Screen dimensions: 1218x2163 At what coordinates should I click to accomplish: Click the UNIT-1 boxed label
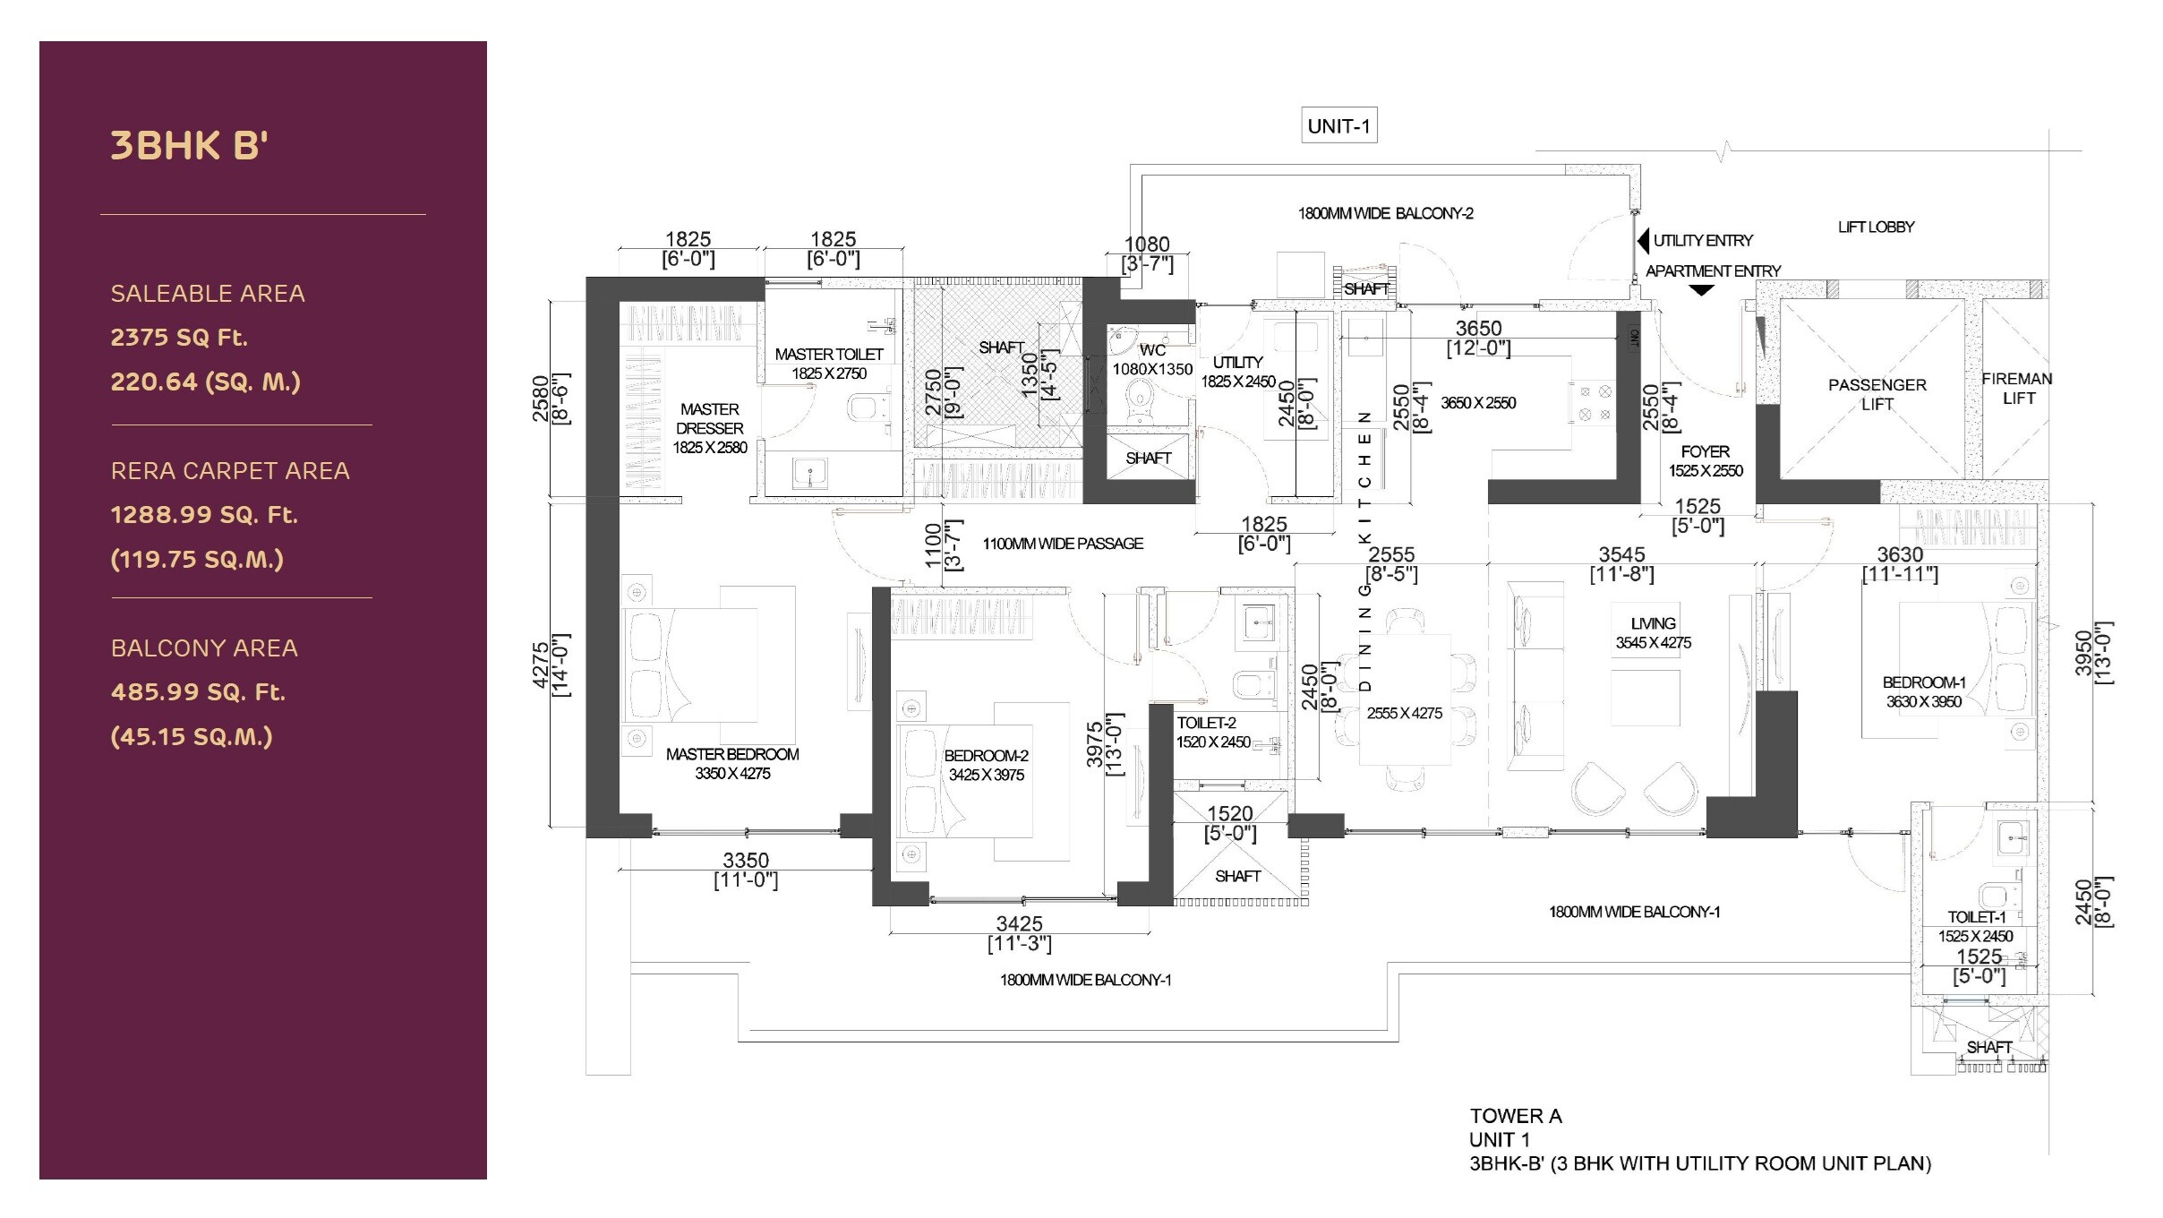click(x=1338, y=126)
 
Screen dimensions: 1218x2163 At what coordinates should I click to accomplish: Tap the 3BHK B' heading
click(x=189, y=146)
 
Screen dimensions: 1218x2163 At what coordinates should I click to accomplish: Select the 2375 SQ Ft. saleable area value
click(x=179, y=338)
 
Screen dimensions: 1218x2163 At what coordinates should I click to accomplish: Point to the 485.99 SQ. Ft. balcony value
click(x=198, y=692)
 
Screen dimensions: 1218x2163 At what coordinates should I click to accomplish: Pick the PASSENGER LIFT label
click(x=1877, y=394)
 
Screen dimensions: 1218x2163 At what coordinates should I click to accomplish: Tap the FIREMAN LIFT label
click(x=2017, y=388)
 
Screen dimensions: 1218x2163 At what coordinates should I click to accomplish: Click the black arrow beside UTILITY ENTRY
click(x=1643, y=241)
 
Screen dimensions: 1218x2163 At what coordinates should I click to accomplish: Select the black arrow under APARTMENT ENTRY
click(x=1701, y=290)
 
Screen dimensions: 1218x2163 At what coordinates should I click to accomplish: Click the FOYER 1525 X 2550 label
click(x=1706, y=461)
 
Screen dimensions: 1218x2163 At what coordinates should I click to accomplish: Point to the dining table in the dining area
click(x=1405, y=700)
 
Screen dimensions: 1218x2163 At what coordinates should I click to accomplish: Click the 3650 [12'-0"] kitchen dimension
click(x=1478, y=338)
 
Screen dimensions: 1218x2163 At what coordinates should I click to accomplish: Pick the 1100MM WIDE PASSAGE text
click(x=1063, y=544)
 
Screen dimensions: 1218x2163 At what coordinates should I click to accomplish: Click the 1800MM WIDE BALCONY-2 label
click(x=1385, y=213)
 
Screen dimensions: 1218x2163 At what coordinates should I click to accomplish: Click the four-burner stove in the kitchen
click(x=1594, y=403)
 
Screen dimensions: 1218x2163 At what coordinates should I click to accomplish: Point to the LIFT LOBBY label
click(x=1876, y=227)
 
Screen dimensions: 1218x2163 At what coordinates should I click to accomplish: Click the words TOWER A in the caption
click(x=1515, y=1116)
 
